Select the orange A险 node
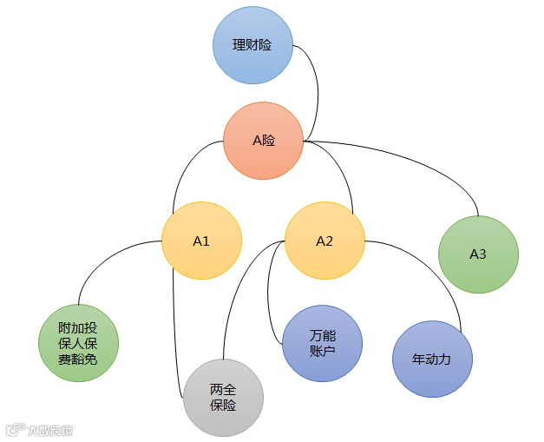coord(263,140)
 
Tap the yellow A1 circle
coord(201,241)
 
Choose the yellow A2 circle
coord(324,241)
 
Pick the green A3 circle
coord(478,254)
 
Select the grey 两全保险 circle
coord(223,398)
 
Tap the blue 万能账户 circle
coord(322,344)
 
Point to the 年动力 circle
coord(432,359)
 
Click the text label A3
coord(478,254)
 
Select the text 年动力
coord(432,359)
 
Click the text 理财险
coord(252,44)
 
